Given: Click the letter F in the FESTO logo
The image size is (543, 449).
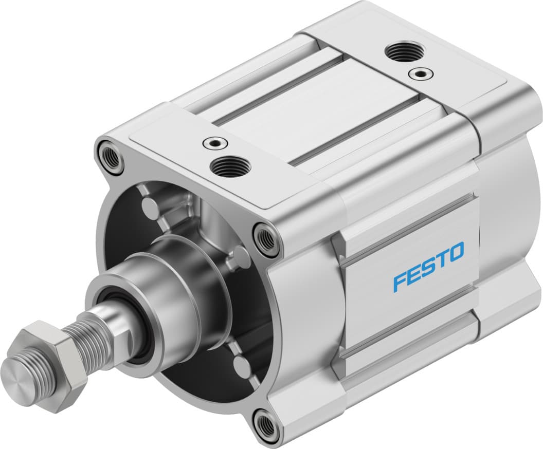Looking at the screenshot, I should (401, 282).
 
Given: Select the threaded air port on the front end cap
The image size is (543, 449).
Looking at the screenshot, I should (231, 166).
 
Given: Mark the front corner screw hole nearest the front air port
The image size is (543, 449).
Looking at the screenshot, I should (111, 157).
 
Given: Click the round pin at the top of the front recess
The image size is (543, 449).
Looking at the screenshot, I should (151, 208).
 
